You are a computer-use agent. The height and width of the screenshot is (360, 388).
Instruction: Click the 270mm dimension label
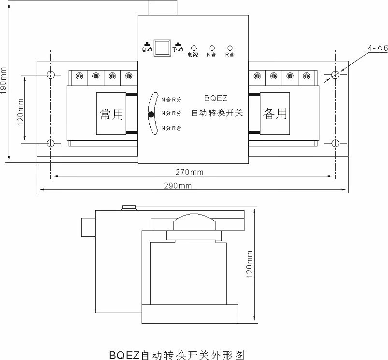(x=189, y=172)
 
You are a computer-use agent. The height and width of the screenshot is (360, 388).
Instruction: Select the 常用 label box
(x=111, y=114)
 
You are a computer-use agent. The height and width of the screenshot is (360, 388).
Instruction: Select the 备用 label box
(x=275, y=113)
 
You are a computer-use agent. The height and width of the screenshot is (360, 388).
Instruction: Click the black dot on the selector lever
(x=151, y=114)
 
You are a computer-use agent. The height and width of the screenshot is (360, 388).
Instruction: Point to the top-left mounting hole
(x=51, y=75)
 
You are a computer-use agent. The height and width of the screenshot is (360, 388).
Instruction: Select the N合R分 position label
(x=172, y=99)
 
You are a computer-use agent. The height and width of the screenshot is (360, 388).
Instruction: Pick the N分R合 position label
(x=172, y=128)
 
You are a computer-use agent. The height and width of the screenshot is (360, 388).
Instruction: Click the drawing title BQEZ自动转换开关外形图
(x=177, y=355)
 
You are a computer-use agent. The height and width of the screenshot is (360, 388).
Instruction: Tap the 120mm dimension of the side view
(x=250, y=264)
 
